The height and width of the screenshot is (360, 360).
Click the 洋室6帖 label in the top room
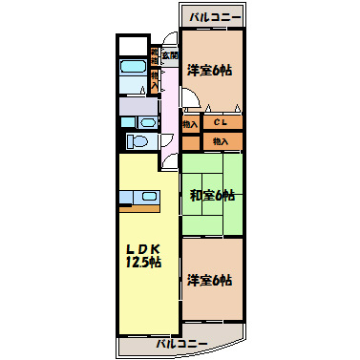[211, 71]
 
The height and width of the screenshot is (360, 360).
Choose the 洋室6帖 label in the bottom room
[210, 280]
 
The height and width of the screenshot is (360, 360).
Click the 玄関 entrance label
[168, 56]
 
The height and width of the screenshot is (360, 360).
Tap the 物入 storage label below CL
[222, 141]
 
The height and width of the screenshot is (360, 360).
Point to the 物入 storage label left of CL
[189, 123]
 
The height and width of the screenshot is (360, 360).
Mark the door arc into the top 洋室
[189, 101]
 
